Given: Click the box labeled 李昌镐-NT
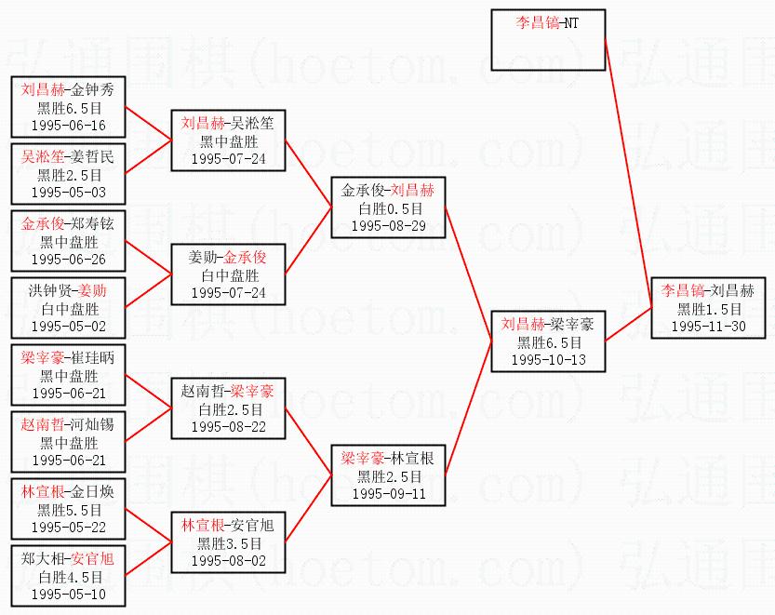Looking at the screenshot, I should pyautogui.click(x=549, y=40).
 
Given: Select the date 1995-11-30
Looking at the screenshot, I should pyautogui.click(x=709, y=327).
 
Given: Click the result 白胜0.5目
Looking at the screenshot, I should pyautogui.click(x=388, y=208).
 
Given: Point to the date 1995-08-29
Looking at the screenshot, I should pyautogui.click(x=388, y=226).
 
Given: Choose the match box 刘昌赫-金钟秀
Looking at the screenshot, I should pyautogui.click(x=68, y=107).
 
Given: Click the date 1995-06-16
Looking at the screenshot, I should pyautogui.click(x=68, y=125).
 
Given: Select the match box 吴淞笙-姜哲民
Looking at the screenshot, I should pyautogui.click(x=68, y=174).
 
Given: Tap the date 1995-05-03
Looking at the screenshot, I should pyautogui.click(x=68, y=192).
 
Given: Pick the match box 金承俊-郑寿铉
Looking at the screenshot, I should pyautogui.click(x=68, y=241).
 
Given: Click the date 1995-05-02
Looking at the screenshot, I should pyautogui.click(x=68, y=327).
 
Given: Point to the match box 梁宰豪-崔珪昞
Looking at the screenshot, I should pyautogui.click(x=68, y=375).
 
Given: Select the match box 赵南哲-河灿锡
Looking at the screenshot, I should pyautogui.click(x=68, y=442).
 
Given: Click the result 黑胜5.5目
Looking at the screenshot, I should pyautogui.click(x=68, y=509).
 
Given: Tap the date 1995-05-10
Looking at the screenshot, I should pyautogui.click(x=68, y=595).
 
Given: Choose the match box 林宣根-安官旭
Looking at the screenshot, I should pyautogui.click(x=228, y=542).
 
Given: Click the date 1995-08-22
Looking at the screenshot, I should pyautogui.click(x=228, y=426).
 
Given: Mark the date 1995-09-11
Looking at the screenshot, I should pyautogui.click(x=388, y=493).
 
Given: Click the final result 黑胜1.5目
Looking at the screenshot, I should pyautogui.click(x=709, y=309).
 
